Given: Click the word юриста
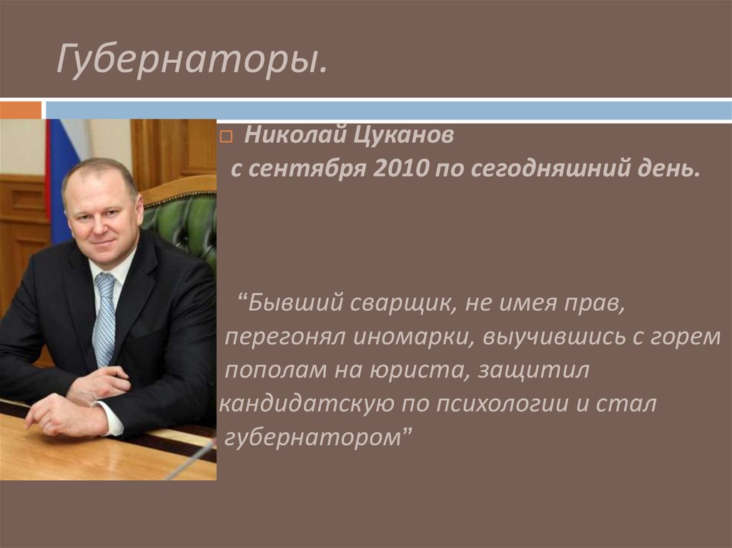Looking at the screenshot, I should coord(410,371).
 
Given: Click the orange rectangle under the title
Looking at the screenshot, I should coord(21,111).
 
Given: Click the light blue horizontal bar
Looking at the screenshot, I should coord(386,111).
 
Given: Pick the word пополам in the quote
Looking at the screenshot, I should coord(268,371).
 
